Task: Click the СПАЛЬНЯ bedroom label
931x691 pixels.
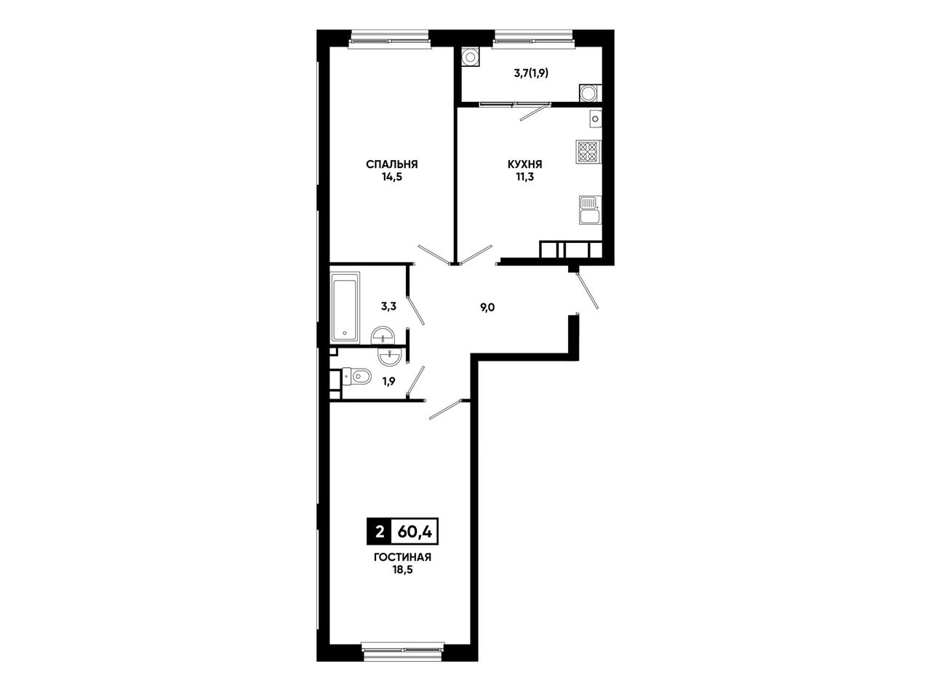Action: (x=391, y=164)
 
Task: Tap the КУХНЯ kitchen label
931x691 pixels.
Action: (x=525, y=164)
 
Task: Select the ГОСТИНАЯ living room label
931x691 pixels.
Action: (x=402, y=557)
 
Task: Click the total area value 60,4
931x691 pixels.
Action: (x=415, y=532)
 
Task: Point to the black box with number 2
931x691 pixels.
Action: (x=380, y=532)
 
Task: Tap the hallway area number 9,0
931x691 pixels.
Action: (x=487, y=308)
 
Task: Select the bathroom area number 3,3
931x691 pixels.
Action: (x=388, y=306)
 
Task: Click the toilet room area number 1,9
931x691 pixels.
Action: (x=388, y=381)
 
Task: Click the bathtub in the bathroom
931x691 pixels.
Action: (x=345, y=307)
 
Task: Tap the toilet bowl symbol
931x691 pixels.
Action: (x=357, y=376)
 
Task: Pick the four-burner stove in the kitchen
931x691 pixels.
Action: (x=588, y=152)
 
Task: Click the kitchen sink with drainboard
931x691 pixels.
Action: (x=590, y=209)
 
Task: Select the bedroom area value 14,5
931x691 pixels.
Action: (x=391, y=177)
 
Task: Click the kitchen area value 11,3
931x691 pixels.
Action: (x=525, y=177)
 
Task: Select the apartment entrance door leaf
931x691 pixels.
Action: (x=588, y=290)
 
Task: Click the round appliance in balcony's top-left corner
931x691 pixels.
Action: (x=469, y=56)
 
